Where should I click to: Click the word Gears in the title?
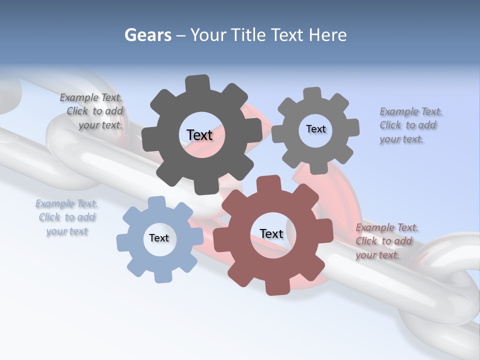pyautogui.click(x=147, y=35)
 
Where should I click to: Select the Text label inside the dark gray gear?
pyautogui.click(x=199, y=135)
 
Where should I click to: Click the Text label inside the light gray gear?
pyautogui.click(x=315, y=129)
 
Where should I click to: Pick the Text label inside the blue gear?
pyautogui.click(x=159, y=238)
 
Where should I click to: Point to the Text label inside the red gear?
pyautogui.click(x=271, y=233)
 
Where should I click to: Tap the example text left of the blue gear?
pyautogui.click(x=67, y=217)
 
